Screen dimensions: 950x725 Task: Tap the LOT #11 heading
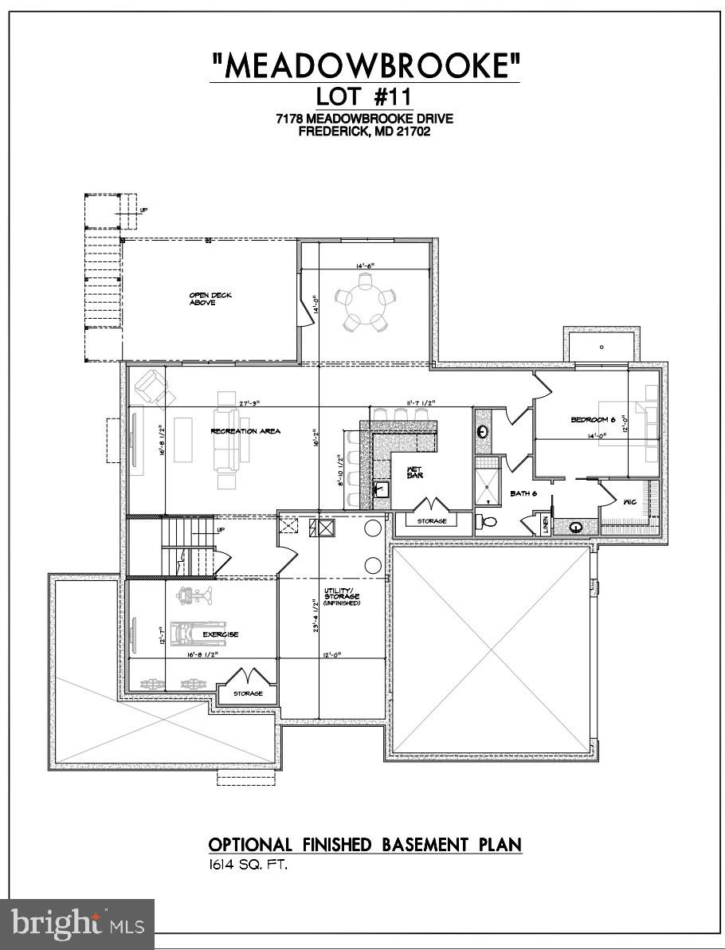tap(364, 97)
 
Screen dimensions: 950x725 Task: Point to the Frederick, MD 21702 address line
tap(364, 132)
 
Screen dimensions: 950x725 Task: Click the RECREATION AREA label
tap(245, 431)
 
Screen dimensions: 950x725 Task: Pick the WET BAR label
tap(414, 472)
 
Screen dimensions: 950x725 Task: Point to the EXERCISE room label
tap(221, 634)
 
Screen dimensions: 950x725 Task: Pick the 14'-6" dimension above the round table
tap(364, 267)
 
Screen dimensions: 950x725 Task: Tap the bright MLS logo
tap(77, 924)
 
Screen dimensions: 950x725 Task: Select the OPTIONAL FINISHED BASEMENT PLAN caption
tap(365, 844)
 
